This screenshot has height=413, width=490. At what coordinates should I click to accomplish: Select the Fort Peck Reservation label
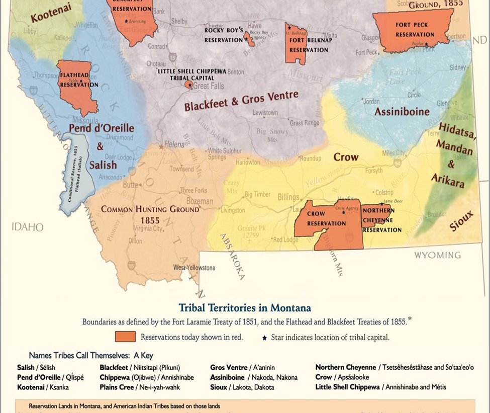415,30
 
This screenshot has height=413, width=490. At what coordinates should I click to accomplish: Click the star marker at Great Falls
189,86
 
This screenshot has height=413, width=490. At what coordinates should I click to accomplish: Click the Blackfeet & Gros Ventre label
241,101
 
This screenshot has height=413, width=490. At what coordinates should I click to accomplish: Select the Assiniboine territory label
402,112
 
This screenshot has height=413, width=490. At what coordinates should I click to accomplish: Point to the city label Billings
288,198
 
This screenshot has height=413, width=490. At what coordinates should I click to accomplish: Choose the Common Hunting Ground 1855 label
150,214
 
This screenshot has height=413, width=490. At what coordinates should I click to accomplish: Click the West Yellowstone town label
194,268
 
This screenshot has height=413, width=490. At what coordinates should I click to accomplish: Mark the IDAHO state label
28,227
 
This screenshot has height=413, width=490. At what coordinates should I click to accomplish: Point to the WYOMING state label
437,255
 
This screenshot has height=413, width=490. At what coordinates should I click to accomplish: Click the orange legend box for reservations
125,337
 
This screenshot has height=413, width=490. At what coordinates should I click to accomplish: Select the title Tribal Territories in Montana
245,307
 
